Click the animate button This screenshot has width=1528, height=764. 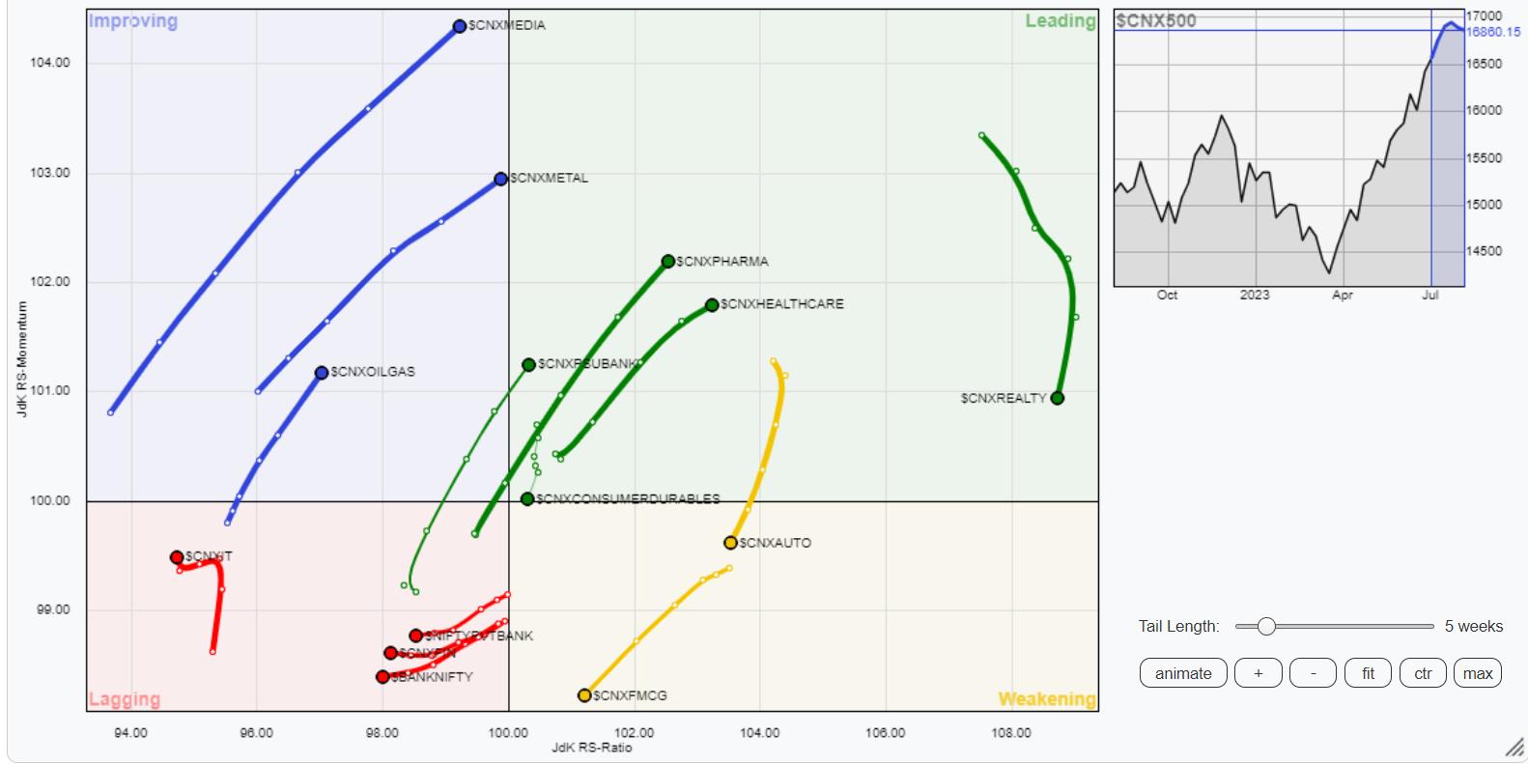(x=1183, y=673)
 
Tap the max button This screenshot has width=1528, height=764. (x=1478, y=673)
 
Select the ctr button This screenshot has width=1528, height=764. (x=1423, y=673)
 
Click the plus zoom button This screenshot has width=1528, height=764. (x=1258, y=673)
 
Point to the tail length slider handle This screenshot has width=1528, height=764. (x=1266, y=626)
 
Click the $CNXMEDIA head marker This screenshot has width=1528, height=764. (x=460, y=26)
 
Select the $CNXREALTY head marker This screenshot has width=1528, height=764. (x=1058, y=398)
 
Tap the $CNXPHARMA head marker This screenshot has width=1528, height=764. (x=668, y=262)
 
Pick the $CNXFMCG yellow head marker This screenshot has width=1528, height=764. (x=584, y=695)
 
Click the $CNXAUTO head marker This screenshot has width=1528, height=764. (x=731, y=543)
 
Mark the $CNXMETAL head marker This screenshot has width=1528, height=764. (x=500, y=179)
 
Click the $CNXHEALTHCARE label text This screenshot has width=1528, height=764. (x=782, y=304)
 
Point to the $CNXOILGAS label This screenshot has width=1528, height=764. (x=373, y=372)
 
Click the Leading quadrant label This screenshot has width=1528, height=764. (x=1061, y=21)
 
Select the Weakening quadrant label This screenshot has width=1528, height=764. (x=1047, y=698)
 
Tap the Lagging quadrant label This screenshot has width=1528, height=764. (x=125, y=698)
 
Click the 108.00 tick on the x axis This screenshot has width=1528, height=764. (x=1011, y=733)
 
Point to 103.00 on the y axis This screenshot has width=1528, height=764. (x=51, y=173)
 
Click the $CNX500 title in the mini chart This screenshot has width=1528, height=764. (x=1156, y=20)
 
